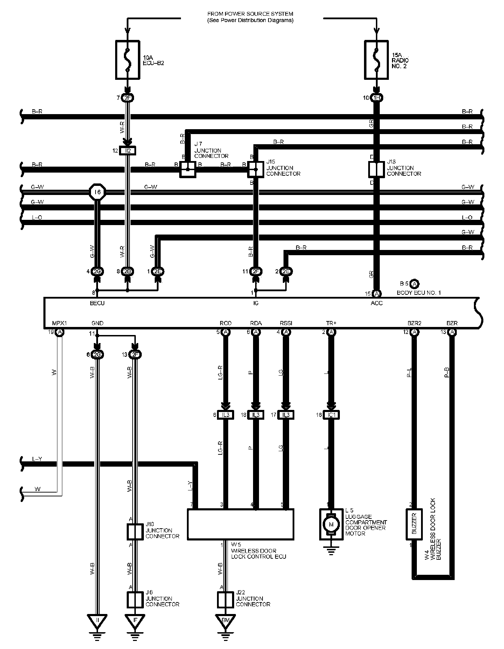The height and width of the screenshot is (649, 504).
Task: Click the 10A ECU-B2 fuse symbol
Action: [x=127, y=60]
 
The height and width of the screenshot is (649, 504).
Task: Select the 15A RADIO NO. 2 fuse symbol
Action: [x=376, y=60]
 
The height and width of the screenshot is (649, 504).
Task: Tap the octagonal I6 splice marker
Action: [x=97, y=192]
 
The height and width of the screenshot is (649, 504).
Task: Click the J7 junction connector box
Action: [x=188, y=169]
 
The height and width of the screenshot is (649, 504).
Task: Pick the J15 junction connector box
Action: [x=255, y=169]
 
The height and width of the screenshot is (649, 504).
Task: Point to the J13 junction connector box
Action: [x=376, y=169]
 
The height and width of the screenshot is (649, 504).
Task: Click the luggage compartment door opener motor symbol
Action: [x=330, y=524]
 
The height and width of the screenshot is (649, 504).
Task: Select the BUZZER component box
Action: [x=414, y=524]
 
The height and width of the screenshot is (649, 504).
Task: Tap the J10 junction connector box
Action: [x=135, y=532]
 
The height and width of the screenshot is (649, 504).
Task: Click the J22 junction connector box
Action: [x=225, y=600]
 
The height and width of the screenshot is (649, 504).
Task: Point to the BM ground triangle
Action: [x=225, y=620]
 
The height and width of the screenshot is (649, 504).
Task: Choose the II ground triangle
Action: [x=97, y=620]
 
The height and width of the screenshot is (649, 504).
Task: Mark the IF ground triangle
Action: [x=135, y=620]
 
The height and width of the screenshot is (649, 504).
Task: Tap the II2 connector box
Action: [x=127, y=151]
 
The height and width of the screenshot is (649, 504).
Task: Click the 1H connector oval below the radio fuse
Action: [x=377, y=98]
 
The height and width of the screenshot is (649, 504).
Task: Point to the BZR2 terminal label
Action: [x=414, y=323]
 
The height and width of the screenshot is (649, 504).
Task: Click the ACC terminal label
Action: [x=377, y=303]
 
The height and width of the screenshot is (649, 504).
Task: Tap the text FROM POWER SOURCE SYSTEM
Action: [x=250, y=14]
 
